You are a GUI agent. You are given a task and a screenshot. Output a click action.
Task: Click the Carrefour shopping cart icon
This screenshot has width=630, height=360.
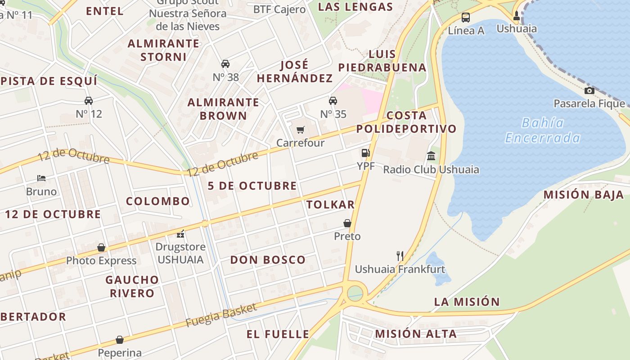[x=301, y=130]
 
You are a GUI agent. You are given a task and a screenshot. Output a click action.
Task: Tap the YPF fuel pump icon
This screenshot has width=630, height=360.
[x=365, y=153]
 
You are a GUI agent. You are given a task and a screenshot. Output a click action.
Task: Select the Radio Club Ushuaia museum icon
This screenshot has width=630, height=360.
[x=431, y=156]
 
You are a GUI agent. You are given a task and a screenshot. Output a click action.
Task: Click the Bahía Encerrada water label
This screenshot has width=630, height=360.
[x=543, y=130]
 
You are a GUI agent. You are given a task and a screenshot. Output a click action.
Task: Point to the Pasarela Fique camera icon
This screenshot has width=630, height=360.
[x=589, y=90]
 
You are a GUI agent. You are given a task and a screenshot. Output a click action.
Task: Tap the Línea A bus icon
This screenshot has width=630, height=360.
[x=466, y=18]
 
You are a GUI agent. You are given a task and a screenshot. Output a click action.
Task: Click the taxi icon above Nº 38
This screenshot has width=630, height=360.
[x=225, y=64]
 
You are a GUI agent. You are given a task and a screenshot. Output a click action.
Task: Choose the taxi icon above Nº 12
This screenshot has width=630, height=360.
[x=89, y=100]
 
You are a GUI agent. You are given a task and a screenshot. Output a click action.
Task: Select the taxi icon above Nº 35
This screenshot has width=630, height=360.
[x=333, y=100]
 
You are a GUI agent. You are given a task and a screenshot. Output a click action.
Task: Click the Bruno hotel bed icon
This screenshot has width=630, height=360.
[x=41, y=178]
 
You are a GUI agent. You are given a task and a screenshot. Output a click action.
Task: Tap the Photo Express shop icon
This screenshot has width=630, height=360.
[x=101, y=247]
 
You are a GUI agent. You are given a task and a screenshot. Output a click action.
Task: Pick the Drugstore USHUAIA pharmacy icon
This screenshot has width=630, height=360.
[x=180, y=234]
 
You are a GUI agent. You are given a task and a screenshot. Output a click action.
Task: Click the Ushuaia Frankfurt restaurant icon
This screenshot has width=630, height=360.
[x=400, y=256]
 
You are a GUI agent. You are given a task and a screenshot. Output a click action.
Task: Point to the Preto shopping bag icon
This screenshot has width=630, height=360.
[x=347, y=223]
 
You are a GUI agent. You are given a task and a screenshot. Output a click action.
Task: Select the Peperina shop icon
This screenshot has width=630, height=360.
[x=120, y=340]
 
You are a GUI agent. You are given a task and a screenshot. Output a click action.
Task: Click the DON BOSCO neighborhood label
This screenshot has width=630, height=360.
[x=268, y=260]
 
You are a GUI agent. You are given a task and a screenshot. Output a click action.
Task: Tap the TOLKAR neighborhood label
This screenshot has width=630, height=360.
[x=330, y=205]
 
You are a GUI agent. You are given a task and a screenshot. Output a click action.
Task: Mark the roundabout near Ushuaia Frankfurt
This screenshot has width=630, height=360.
[x=355, y=293]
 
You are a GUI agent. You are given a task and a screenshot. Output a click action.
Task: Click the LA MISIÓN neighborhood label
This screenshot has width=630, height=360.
[x=467, y=302]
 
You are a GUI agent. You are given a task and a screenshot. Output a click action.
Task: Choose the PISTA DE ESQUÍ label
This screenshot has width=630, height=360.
[x=49, y=81]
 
